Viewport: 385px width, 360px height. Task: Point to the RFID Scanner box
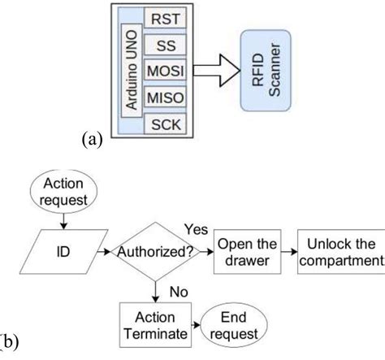pos(269,72)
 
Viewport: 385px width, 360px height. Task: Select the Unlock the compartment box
pos(341,250)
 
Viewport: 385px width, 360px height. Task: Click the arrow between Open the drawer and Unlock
pos(288,250)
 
